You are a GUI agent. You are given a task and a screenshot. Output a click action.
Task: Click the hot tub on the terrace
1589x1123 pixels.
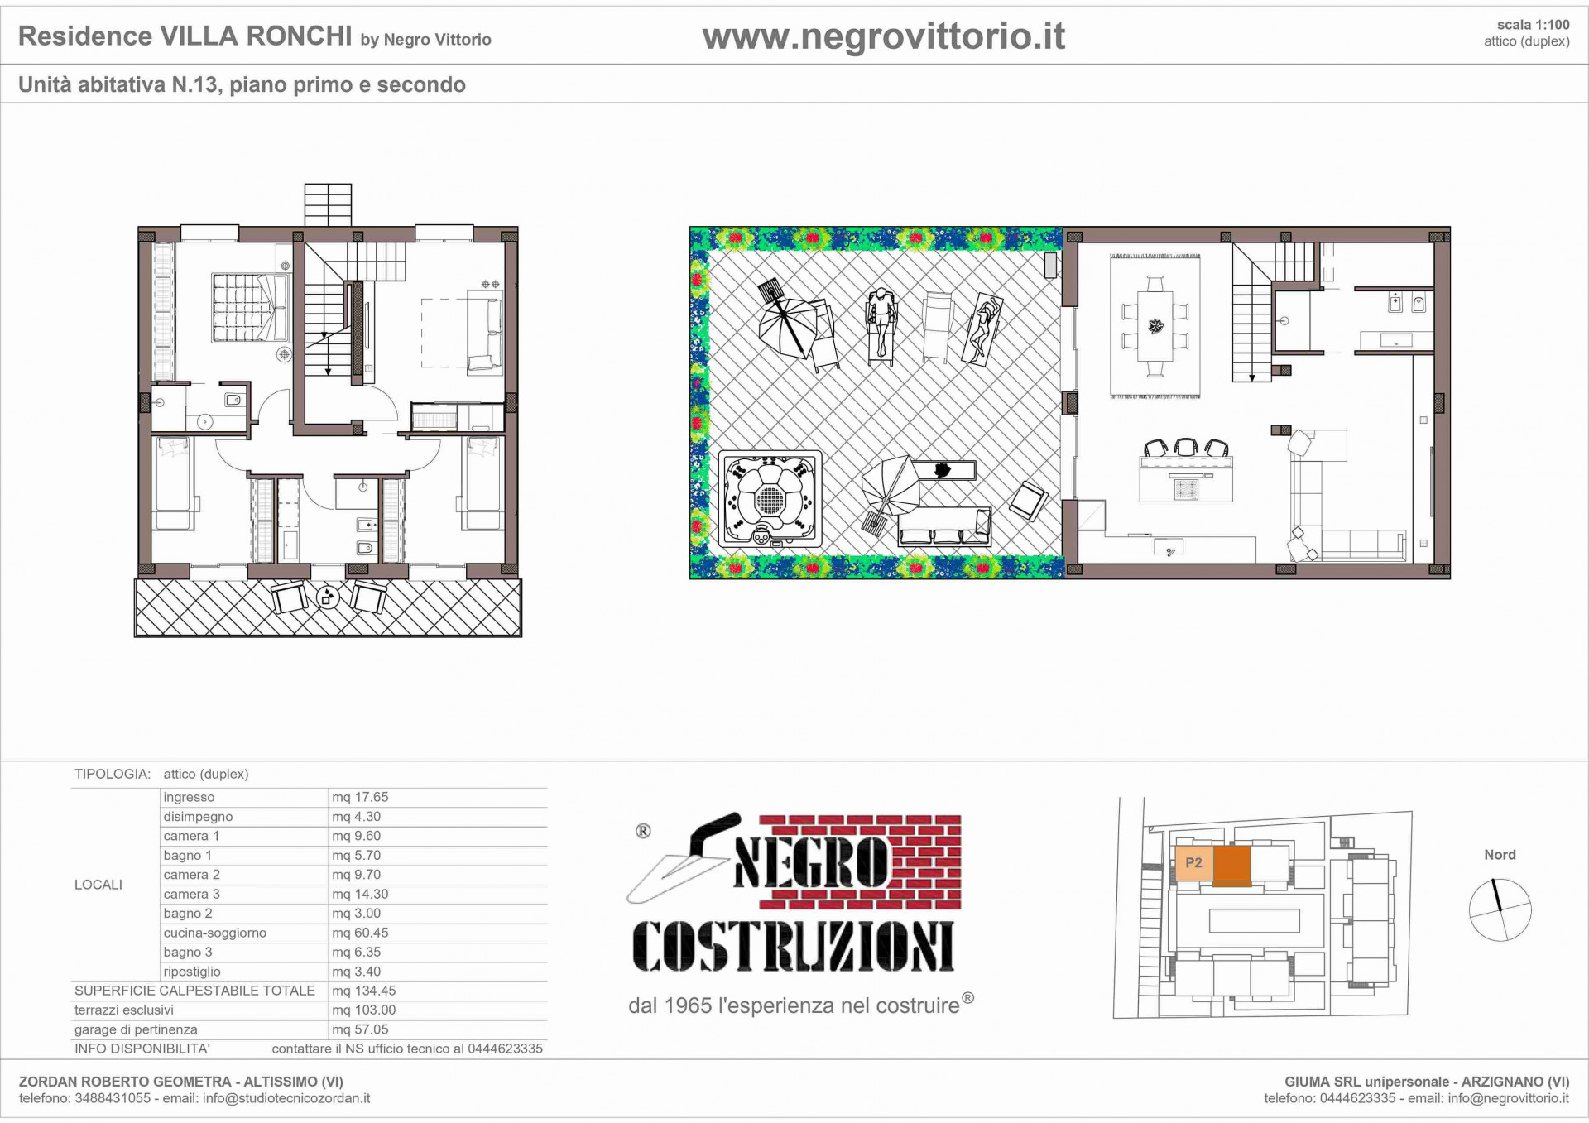click(770, 499)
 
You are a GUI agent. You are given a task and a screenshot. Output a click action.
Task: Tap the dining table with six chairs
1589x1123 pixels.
click(1155, 326)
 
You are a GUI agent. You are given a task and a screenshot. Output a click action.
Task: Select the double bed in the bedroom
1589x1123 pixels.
click(249, 307)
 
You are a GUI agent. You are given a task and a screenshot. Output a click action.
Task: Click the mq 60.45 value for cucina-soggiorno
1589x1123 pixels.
click(360, 933)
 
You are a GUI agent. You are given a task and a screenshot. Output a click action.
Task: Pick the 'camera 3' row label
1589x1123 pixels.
click(191, 894)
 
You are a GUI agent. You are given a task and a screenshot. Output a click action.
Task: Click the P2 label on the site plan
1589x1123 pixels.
click(1193, 862)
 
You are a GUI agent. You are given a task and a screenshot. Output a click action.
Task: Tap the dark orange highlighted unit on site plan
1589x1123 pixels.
click(1231, 865)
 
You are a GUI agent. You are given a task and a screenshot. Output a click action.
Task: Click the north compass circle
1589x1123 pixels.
click(1500, 909)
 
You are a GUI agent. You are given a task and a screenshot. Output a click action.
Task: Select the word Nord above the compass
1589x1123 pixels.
click(1500, 855)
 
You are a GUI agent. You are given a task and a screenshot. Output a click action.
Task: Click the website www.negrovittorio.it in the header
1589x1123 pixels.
click(883, 36)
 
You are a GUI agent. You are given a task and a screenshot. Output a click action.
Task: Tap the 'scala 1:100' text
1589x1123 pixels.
click(1533, 25)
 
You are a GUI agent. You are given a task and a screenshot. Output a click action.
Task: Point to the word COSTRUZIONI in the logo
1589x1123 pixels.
click(793, 947)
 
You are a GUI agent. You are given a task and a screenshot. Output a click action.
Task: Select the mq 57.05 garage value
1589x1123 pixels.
click(360, 1029)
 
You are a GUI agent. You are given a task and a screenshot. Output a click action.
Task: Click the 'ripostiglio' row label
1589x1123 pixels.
click(192, 972)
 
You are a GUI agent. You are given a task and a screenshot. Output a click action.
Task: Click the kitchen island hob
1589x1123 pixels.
click(1186, 488)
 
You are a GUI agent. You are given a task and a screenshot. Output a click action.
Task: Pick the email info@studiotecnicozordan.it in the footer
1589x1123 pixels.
click(286, 1099)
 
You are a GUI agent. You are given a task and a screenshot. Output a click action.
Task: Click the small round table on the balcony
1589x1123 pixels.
click(328, 596)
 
